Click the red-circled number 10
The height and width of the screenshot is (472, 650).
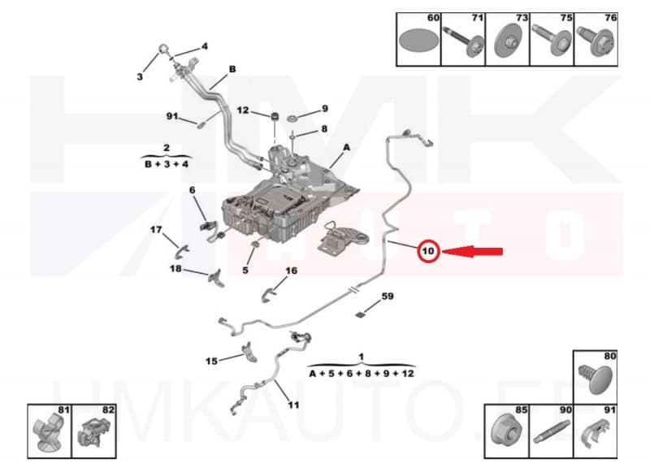[x=428, y=252]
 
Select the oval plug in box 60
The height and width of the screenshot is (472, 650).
[x=418, y=40]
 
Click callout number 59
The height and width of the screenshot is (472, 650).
[x=388, y=297]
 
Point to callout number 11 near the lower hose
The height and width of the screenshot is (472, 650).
[x=293, y=405]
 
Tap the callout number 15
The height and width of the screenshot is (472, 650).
[x=211, y=361]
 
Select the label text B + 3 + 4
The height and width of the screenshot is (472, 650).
[x=167, y=163]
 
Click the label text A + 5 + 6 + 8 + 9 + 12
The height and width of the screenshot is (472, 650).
[x=362, y=373]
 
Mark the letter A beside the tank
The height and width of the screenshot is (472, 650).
[x=346, y=148]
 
